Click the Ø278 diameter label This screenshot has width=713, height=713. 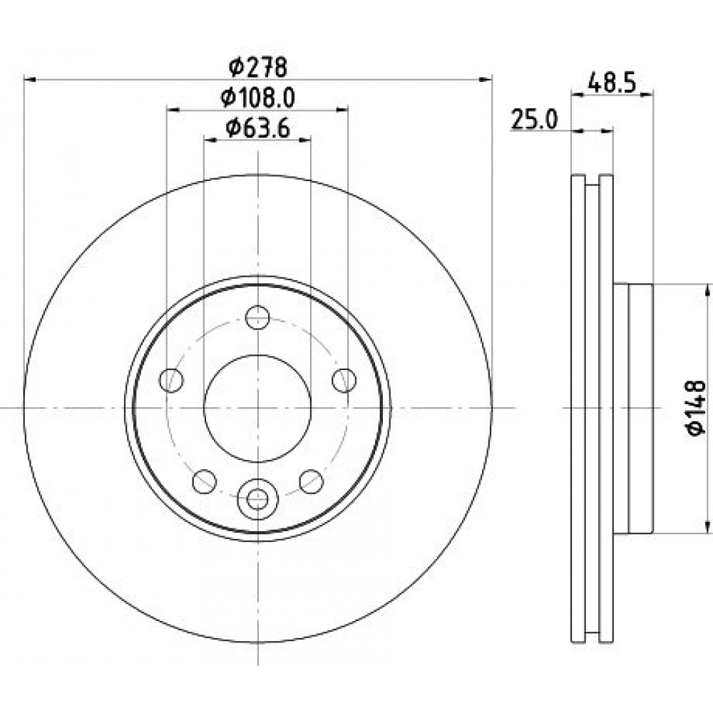[258, 68]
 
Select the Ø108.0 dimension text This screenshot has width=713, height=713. [258, 98]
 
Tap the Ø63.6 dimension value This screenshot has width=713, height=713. [258, 128]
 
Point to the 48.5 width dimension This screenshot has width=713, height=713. [611, 83]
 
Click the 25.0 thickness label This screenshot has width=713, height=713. [534, 119]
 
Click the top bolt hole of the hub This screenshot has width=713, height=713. [257, 317]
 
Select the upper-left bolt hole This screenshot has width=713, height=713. [171, 380]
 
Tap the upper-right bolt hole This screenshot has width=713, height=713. [344, 380]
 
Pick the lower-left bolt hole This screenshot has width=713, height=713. [204, 481]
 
